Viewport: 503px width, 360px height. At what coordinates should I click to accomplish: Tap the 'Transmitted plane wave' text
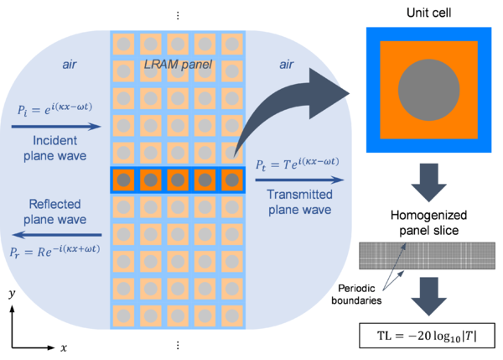pyautogui.click(x=301, y=201)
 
